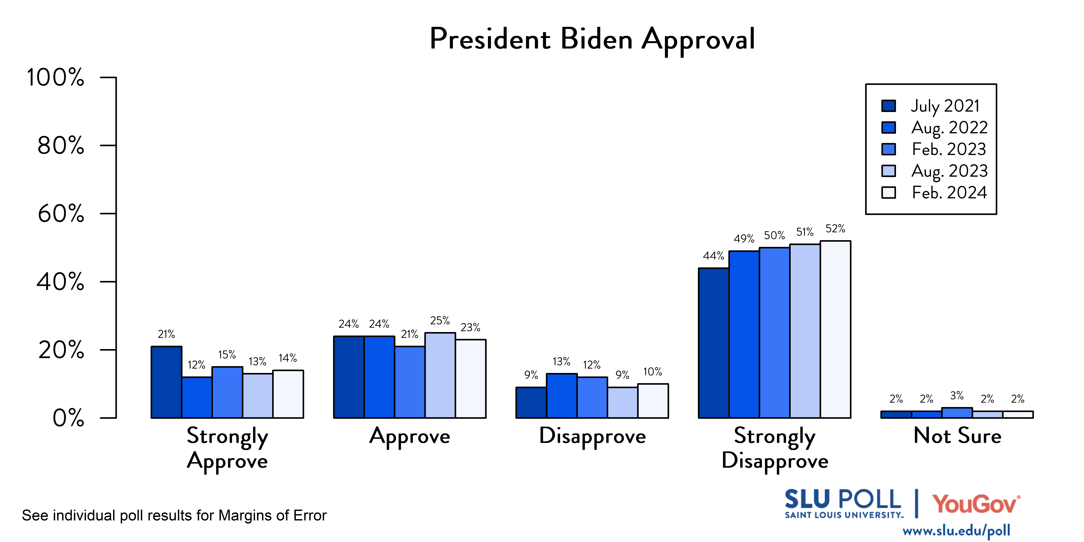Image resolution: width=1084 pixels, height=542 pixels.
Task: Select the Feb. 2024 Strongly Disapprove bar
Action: [x=835, y=329]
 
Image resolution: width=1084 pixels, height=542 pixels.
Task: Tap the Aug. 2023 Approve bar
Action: [x=440, y=375]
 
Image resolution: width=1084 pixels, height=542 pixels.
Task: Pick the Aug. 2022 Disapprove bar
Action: [x=562, y=396]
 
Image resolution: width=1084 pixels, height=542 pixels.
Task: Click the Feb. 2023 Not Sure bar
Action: [x=957, y=413]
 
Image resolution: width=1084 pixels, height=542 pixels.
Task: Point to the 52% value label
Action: [x=835, y=229]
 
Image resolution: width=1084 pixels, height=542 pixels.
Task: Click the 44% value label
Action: [x=714, y=256]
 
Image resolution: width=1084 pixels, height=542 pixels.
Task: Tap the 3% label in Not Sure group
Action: [x=957, y=396]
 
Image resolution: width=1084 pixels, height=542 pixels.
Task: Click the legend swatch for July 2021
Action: [x=889, y=106]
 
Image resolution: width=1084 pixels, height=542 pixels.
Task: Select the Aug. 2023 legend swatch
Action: [x=889, y=171]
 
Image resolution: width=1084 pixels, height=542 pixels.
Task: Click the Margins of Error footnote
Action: [x=174, y=516]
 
